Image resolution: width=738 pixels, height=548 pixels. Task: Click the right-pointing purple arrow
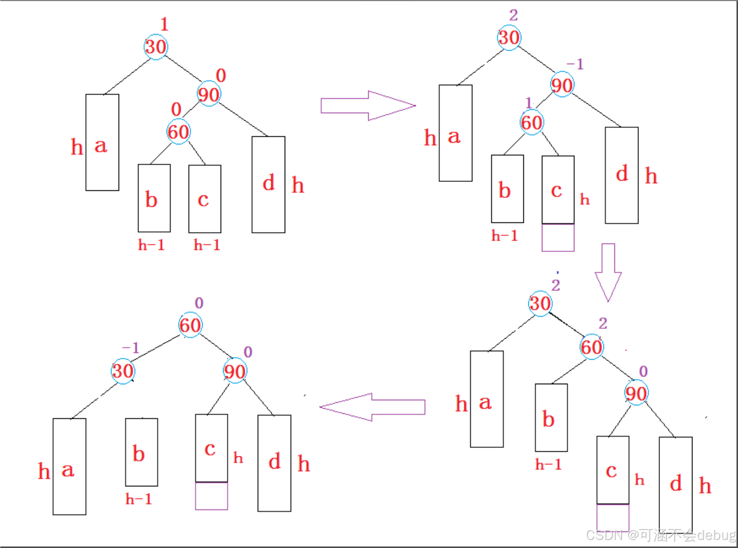368,106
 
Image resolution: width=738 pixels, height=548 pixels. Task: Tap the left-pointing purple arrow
372,407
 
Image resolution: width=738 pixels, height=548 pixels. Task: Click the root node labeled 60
190,325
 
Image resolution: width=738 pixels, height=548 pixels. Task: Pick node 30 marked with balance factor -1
123,371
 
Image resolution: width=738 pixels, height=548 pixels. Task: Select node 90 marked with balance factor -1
562,85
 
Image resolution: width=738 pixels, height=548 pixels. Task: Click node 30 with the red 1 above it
156,47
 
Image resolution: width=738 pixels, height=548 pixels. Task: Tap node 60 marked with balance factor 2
591,347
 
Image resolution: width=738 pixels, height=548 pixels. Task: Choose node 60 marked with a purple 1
531,122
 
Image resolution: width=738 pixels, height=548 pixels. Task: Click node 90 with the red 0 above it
209,94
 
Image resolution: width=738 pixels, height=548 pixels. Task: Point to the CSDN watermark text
660,535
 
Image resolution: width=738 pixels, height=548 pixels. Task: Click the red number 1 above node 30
164,24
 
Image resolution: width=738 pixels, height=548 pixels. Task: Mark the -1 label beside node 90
575,64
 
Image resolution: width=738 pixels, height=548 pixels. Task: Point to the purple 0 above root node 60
199,303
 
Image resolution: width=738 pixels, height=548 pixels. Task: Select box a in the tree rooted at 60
69,466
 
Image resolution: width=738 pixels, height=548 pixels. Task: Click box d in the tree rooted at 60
274,463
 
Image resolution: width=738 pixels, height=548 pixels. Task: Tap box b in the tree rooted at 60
141,452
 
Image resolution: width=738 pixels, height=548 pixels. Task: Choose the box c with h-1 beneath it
205,199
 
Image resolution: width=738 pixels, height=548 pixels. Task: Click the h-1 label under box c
207,245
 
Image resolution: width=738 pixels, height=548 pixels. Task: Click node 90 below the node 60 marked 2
636,393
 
